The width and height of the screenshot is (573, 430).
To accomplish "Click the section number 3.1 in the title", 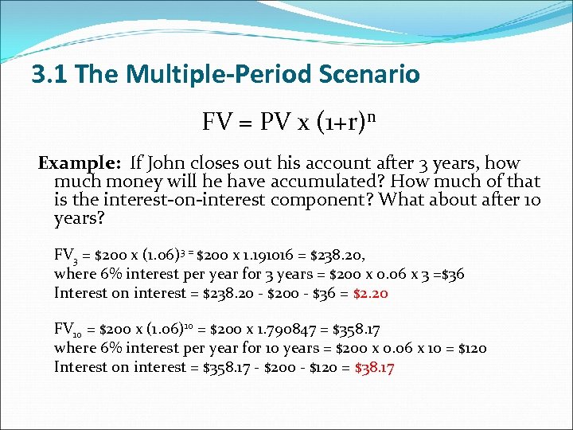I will coord(46,75).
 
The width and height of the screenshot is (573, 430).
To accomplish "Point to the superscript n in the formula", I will coord(371,116).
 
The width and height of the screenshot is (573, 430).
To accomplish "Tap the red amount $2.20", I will coord(369,293).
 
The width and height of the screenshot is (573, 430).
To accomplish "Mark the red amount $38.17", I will coord(374,367).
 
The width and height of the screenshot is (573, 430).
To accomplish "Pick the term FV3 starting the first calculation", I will coord(64,256).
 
